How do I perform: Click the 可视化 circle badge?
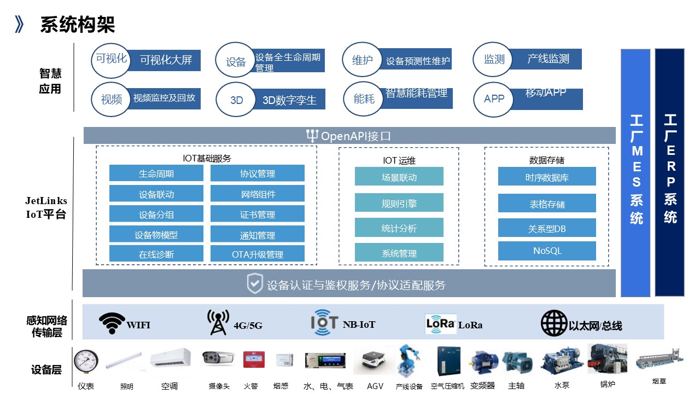(112, 59)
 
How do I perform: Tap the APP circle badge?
(494, 99)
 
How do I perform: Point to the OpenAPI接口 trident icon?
(312, 136)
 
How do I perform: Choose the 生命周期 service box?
(156, 174)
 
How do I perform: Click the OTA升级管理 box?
(257, 254)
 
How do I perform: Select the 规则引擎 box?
(399, 204)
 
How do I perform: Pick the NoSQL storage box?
(547, 251)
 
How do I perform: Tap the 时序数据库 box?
(547, 177)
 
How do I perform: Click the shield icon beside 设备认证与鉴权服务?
(255, 285)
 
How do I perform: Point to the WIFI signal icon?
(112, 323)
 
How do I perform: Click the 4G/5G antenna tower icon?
(218, 323)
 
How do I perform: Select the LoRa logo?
(441, 323)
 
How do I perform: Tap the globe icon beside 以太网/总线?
(554, 323)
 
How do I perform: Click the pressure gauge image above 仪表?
(86, 361)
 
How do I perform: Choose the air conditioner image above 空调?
(170, 358)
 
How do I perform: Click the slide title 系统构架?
(77, 25)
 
